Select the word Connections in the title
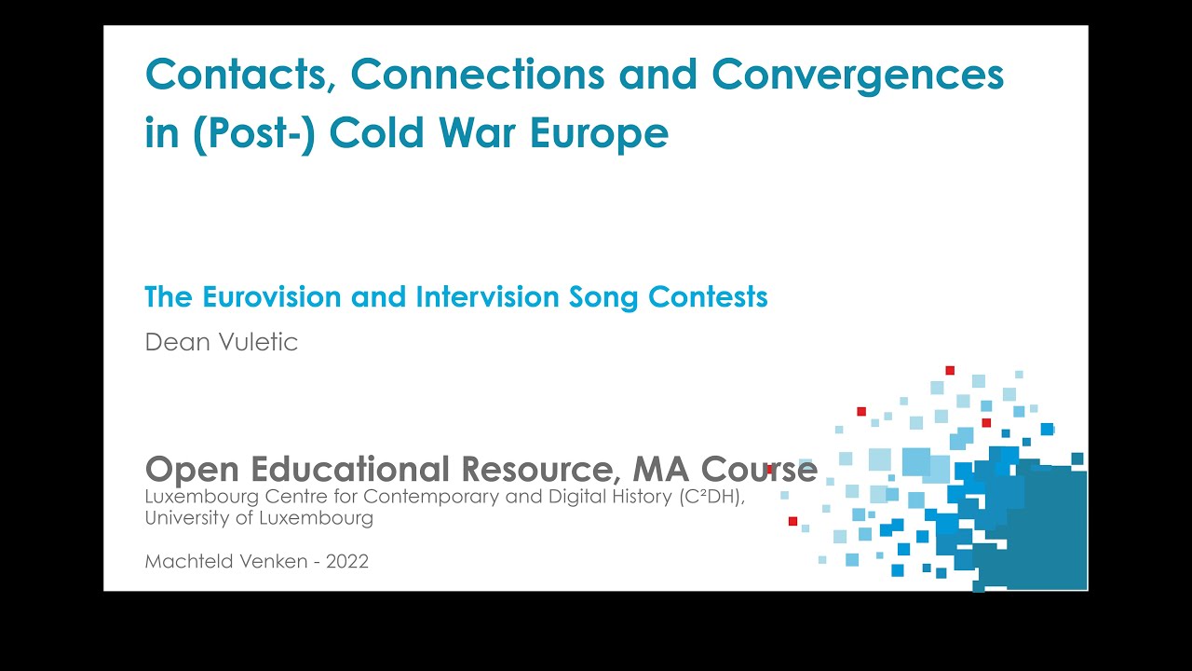click(x=478, y=74)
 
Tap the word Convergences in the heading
click(x=858, y=75)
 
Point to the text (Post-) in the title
click(x=255, y=133)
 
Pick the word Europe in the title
click(x=599, y=133)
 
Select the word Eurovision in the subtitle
click(x=271, y=296)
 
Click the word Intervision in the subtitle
click(x=487, y=296)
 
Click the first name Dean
click(x=177, y=342)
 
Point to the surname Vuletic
click(x=258, y=342)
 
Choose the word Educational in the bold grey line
click(x=350, y=469)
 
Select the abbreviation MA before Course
click(x=660, y=469)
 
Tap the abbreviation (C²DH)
click(x=712, y=497)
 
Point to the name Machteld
click(x=188, y=561)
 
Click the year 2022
click(x=347, y=562)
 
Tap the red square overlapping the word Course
click(x=769, y=469)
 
